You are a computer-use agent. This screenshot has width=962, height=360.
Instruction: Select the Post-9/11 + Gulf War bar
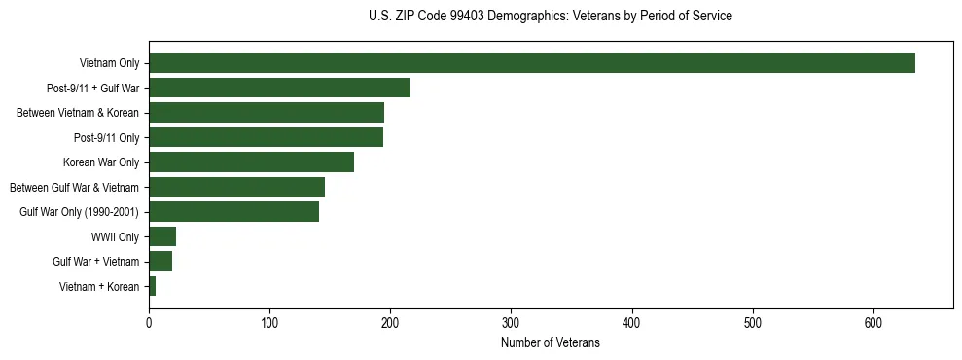coord(279,88)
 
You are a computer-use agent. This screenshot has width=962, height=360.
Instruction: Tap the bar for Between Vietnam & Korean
coord(267,113)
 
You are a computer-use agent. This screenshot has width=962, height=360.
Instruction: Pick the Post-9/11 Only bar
coord(266,137)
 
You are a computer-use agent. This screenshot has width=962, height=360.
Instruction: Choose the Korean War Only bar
coord(251,162)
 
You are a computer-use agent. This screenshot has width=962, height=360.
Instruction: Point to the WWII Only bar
coord(162,236)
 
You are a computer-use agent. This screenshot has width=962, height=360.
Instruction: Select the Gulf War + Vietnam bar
coord(160,262)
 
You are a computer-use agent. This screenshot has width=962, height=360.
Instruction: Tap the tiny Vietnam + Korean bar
coord(152,286)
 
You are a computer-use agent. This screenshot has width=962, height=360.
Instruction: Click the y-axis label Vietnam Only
coord(109,64)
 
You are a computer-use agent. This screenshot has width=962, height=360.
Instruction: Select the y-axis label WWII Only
coord(115,237)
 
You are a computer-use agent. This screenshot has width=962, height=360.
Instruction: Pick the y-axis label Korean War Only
coord(101,162)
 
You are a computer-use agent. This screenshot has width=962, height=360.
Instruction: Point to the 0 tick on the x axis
coord(149,323)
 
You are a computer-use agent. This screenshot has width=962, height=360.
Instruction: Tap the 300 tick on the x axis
coord(511,323)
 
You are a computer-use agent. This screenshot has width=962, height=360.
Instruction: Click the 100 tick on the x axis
coord(269,323)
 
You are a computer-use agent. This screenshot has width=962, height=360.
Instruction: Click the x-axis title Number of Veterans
coord(551,343)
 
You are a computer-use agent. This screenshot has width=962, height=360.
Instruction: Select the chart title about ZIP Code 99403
coord(551,17)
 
